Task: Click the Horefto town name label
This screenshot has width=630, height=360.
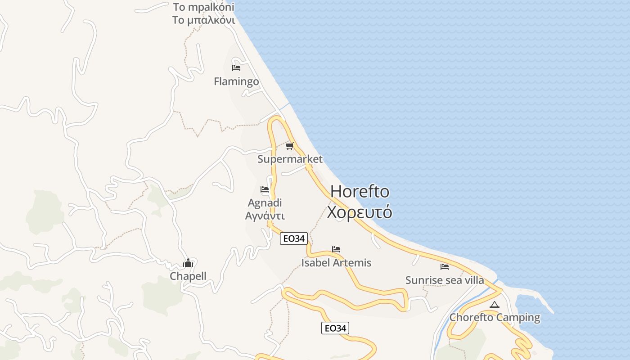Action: [x=360, y=192]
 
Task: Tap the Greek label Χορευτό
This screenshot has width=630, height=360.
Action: [x=360, y=212]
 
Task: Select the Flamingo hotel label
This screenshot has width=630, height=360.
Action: [x=236, y=81]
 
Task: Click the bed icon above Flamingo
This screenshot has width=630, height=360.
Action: [x=236, y=68]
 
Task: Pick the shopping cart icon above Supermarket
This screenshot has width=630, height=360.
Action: [x=290, y=146]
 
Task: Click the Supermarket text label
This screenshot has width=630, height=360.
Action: [x=290, y=159]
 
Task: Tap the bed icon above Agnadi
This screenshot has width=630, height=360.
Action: [x=265, y=189]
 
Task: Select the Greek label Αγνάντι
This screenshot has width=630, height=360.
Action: [x=265, y=216]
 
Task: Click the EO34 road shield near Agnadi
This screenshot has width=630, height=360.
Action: [x=293, y=238]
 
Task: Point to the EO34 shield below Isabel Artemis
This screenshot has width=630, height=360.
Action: [x=335, y=328]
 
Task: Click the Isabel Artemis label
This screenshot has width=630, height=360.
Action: [x=336, y=262]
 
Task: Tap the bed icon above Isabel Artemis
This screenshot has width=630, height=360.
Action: [x=336, y=249]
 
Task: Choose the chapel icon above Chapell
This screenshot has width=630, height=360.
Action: [x=188, y=263]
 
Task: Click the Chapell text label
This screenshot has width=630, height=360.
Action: [x=188, y=276]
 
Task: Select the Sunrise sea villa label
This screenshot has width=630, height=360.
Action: [x=445, y=280]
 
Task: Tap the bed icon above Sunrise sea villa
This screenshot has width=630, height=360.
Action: [x=445, y=267]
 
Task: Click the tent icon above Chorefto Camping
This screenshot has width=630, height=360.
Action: [x=495, y=305]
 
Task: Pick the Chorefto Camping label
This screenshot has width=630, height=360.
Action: [x=495, y=317]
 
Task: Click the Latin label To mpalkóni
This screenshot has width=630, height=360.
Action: [x=204, y=7]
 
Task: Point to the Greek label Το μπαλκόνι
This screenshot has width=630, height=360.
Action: [x=204, y=20]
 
